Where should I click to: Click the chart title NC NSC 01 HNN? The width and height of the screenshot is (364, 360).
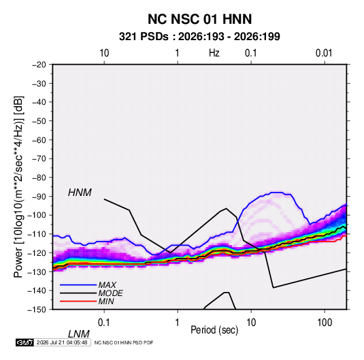(199, 19)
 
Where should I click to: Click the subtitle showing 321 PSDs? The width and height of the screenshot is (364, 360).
(199, 37)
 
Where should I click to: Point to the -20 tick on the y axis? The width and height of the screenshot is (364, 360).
(39, 65)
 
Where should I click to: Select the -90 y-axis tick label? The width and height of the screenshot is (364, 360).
(39, 196)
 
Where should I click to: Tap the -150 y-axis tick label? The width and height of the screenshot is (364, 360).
(37, 310)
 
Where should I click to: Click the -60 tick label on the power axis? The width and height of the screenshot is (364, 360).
(39, 140)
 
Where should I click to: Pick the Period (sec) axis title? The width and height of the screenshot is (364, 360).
(214, 330)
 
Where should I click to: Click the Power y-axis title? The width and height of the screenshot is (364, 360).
(18, 187)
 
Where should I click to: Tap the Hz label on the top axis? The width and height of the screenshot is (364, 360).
(214, 53)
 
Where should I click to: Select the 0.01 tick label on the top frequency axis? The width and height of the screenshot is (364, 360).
(324, 53)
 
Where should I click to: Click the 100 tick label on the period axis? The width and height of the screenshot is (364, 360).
(325, 323)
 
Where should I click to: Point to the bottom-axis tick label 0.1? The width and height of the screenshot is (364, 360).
(104, 323)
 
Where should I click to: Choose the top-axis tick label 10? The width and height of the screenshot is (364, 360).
(104, 53)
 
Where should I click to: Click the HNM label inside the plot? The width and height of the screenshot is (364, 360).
(80, 193)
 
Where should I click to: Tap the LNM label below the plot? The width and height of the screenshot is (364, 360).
(79, 334)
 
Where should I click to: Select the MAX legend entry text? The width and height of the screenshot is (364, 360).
(107, 284)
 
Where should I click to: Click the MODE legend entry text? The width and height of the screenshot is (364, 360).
(110, 293)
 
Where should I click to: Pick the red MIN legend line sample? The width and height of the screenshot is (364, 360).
(78, 301)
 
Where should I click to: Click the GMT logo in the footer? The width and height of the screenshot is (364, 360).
(25, 342)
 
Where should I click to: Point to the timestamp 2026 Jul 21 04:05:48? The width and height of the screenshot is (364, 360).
(62, 342)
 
